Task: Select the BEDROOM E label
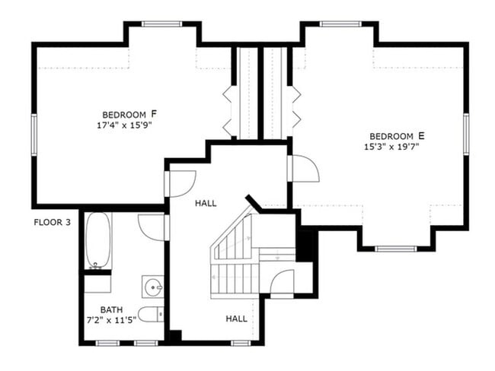[x=397, y=135]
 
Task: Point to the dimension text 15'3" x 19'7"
[x=392, y=147]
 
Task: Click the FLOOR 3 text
[x=53, y=223]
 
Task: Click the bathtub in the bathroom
[x=97, y=241]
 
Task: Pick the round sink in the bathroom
[x=154, y=287]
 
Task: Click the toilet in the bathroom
[x=150, y=314]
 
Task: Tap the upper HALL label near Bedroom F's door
[x=206, y=204]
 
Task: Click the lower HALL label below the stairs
[x=236, y=319]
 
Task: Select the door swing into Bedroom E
[x=303, y=169]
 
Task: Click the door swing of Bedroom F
[x=180, y=183]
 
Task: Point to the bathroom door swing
[x=153, y=227]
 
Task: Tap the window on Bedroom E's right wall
[x=465, y=135]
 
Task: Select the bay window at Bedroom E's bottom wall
[x=396, y=248]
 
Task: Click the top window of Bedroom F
[x=162, y=24]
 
